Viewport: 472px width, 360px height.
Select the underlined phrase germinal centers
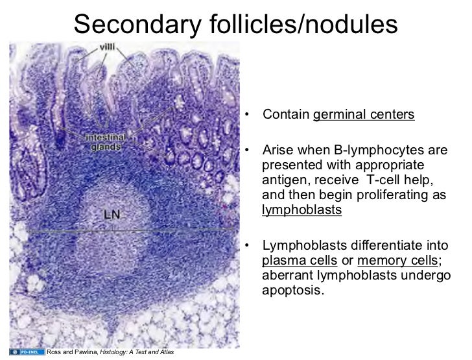[364, 116]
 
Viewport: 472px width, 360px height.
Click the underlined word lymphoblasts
[301, 211]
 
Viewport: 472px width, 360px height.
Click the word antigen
[282, 180]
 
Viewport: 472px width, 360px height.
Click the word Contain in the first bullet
[286, 116]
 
